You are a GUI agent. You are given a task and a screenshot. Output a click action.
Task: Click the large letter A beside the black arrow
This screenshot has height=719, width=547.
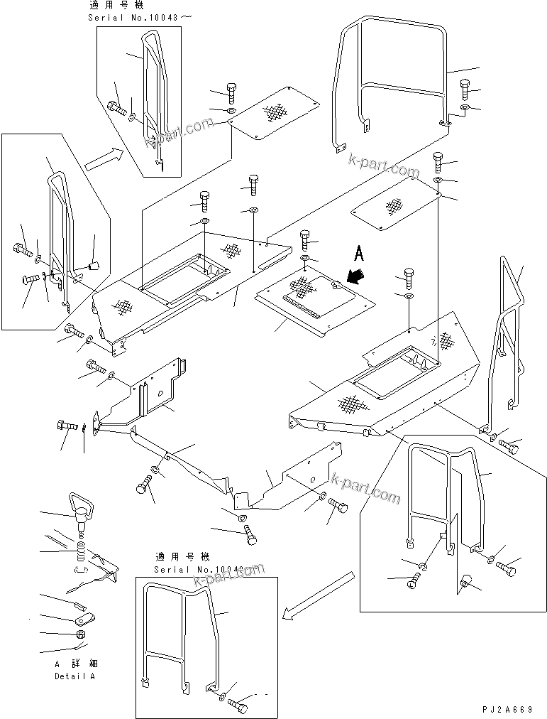pyautogui.click(x=360, y=253)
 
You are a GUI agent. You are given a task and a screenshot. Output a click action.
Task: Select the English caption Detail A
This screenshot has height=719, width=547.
pyautogui.click(x=74, y=676)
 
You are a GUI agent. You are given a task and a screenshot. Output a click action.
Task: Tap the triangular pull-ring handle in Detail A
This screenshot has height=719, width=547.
pyautogui.click(x=79, y=506)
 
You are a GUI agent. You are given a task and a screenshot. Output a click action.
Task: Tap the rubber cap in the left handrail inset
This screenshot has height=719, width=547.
pyautogui.click(x=94, y=266)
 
